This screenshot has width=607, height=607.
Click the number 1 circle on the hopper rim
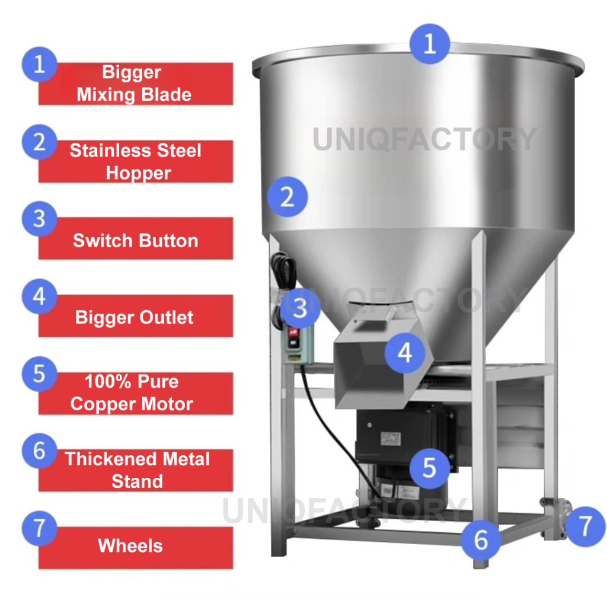pyautogui.click(x=430, y=44)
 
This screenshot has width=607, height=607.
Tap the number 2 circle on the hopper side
pyautogui.click(x=287, y=197)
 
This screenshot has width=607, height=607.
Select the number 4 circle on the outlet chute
pyautogui.click(x=405, y=353)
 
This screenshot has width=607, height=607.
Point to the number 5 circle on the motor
pyautogui.click(x=429, y=468)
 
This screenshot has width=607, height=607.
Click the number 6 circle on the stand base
pyautogui.click(x=481, y=540)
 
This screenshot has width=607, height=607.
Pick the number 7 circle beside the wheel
pyautogui.click(x=585, y=526)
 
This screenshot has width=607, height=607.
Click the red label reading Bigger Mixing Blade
pyautogui.click(x=136, y=84)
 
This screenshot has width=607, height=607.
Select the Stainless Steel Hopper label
pyautogui.click(x=136, y=161)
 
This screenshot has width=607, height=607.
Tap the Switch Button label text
pyautogui.click(x=136, y=241)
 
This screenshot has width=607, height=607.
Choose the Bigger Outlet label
pyautogui.click(x=136, y=316)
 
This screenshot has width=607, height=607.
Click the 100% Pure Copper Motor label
pyautogui.click(x=136, y=394)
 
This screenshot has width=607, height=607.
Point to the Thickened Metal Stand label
pyautogui.click(x=136, y=470)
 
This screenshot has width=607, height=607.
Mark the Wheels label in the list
pyautogui.click(x=136, y=548)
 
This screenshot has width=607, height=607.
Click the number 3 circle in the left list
pyautogui.click(x=40, y=219)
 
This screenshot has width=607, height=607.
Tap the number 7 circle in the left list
pyautogui.click(x=40, y=528)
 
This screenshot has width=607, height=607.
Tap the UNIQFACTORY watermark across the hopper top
pyautogui.click(x=424, y=139)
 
